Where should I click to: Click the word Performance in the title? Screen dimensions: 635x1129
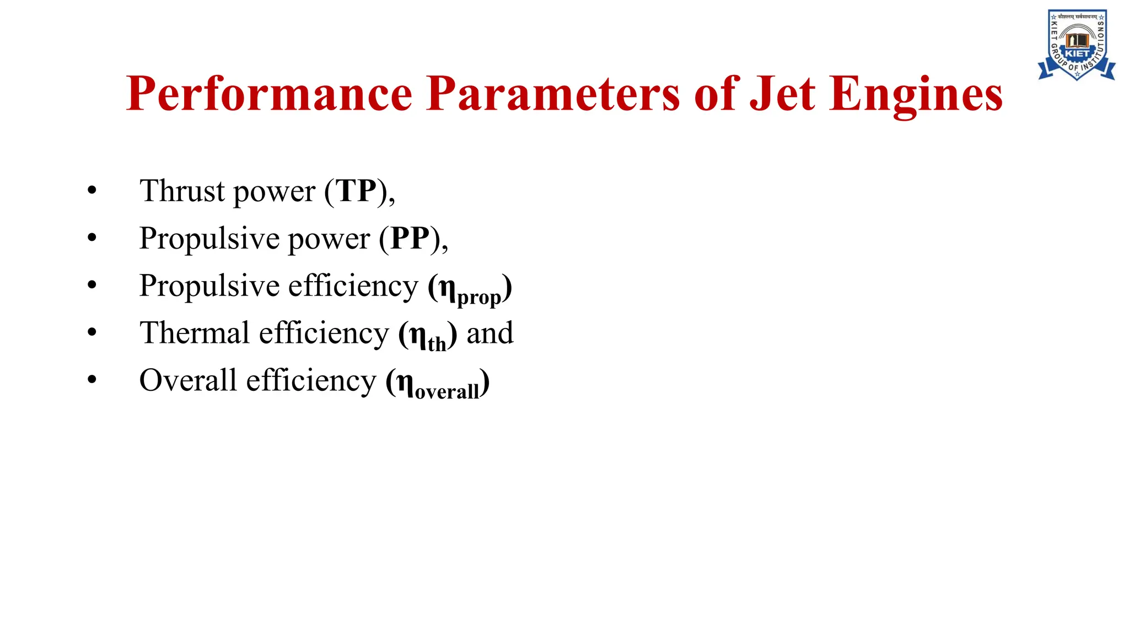[269, 94]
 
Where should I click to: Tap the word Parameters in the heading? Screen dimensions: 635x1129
[553, 94]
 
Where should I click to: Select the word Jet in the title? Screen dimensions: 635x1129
[782, 94]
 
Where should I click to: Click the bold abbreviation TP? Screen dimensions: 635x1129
[357, 191]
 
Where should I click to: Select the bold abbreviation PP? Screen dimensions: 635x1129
[410, 238]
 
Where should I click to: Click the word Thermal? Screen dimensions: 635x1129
[195, 333]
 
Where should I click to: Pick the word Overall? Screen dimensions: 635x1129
[188, 380]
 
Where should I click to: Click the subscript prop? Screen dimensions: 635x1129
[479, 297]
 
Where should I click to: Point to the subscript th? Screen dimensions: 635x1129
[437, 345]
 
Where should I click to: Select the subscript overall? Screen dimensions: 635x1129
[447, 391]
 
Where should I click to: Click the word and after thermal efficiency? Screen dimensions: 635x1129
[490, 333]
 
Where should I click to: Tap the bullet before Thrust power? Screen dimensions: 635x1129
[92, 191]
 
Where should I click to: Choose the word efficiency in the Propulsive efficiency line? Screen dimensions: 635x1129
[353, 286]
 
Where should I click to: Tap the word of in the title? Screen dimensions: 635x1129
[717, 94]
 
